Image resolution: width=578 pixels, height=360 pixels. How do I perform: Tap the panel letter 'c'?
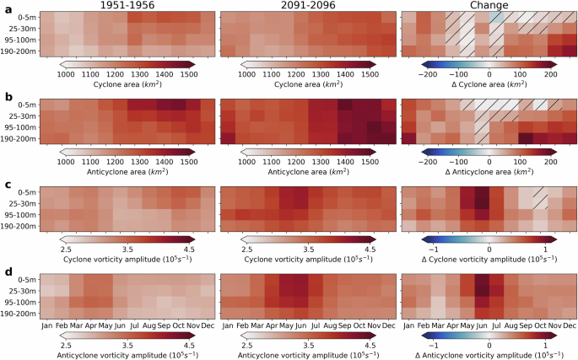click(x=6, y=185)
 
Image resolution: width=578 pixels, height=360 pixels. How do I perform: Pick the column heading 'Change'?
click(x=488, y=6)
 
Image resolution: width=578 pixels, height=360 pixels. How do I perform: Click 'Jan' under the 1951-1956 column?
click(x=48, y=325)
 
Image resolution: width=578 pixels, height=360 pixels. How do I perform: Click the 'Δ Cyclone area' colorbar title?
click(x=488, y=85)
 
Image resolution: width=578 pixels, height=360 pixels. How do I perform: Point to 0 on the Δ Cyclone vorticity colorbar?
click(x=489, y=250)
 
